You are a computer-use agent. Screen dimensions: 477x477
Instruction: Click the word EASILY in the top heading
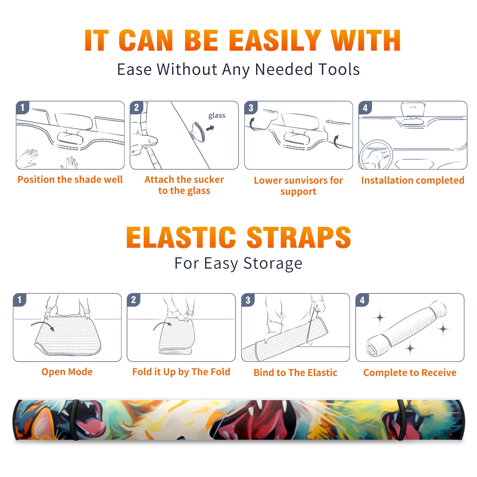tap(275, 41)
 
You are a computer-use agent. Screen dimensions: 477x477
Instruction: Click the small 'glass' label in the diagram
tap(217, 115)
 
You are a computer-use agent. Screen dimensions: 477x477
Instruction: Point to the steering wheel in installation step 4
tap(376, 154)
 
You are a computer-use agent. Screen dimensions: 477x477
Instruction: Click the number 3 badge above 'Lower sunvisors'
tap(251, 108)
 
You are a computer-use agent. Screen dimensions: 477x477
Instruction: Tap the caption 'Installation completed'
tap(413, 180)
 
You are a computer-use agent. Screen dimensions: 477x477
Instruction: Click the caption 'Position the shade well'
tap(70, 179)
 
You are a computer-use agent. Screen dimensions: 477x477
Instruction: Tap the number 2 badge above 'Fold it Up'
tap(133, 300)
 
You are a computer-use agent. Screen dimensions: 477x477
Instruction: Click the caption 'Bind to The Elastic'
tap(295, 373)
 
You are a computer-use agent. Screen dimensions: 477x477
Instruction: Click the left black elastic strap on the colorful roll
tap(75, 420)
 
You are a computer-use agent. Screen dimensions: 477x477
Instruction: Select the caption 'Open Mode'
tap(67, 372)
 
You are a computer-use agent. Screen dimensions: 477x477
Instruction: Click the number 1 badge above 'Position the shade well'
tap(22, 107)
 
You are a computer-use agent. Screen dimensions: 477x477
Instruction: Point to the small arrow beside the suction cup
tap(210, 128)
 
